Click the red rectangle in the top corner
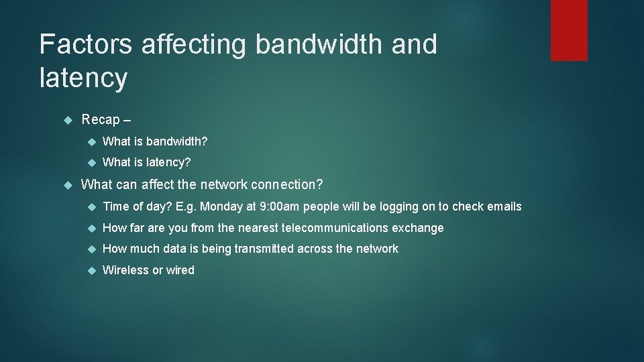pos(569,30)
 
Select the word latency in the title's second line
pos(83,78)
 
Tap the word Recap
pos(101,120)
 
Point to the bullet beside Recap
pos(67,120)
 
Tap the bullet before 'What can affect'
pos(67,184)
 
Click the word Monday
pos(221,206)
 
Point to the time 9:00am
pos(278,206)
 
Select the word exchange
pos(420,228)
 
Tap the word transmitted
pos(264,249)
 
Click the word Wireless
pos(125,270)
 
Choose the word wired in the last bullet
pos(180,270)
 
